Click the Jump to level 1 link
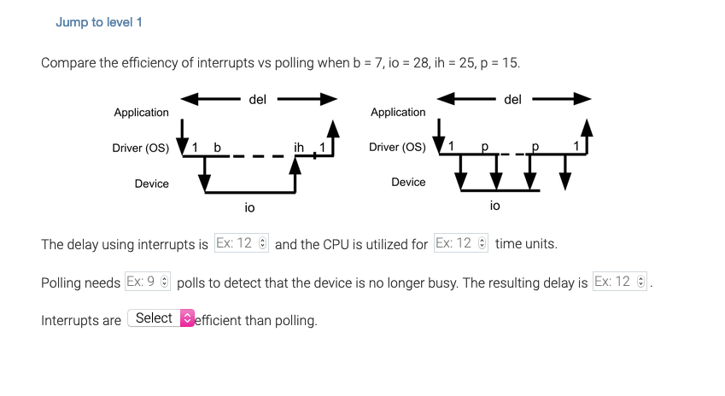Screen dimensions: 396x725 tap(98, 22)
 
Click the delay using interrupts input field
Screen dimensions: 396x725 tap(241, 243)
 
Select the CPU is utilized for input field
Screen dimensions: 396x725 tap(460, 243)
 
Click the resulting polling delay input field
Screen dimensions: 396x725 tap(619, 282)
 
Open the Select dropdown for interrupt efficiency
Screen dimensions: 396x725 tap(161, 318)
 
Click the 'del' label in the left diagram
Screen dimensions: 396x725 tap(257, 100)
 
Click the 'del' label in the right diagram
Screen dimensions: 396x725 tap(512, 100)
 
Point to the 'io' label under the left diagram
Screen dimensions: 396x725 tap(249, 207)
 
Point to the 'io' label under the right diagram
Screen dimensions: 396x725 tap(495, 206)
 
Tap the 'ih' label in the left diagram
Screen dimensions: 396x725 tap(298, 148)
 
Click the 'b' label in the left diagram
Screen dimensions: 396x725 tap(217, 148)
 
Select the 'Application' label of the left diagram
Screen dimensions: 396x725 tap(142, 113)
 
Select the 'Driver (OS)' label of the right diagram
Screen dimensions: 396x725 tap(397, 148)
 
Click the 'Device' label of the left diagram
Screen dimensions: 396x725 tap(151, 183)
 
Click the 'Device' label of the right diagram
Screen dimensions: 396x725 tap(408, 183)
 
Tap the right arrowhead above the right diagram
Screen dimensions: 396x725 tap(582, 100)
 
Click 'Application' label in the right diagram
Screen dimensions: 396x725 tap(398, 113)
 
